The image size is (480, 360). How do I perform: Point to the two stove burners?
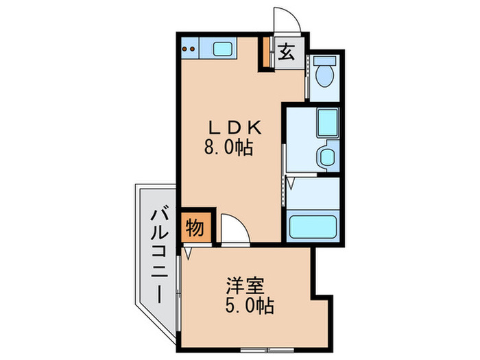click(190, 49)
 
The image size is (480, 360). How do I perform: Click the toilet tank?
click(324, 62)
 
